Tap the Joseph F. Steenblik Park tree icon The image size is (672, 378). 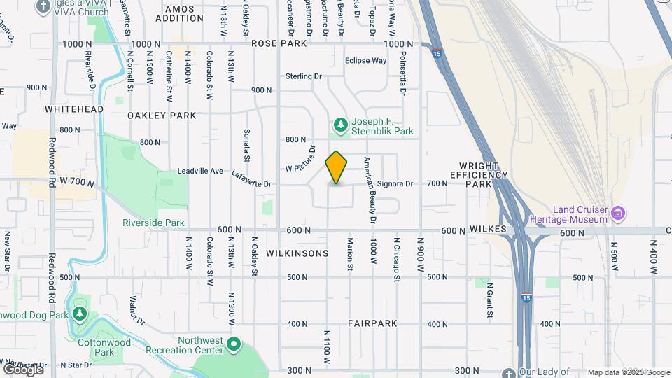pos(340,125)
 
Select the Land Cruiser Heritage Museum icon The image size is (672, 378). pos(617,212)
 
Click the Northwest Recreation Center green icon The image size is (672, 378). pos(234,345)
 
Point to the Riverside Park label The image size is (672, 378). pos(153,223)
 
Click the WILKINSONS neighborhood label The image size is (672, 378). pos(297,253)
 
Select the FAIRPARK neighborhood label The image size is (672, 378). pos(372,323)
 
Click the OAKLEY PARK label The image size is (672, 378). pos(162,115)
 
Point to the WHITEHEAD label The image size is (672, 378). pos(74,109)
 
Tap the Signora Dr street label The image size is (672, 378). pos(395,183)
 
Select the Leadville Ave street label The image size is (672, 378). pos(200,171)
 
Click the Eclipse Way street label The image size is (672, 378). pos(365,61)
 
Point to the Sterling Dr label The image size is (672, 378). pos(303,76)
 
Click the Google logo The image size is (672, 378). pos(23,369)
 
